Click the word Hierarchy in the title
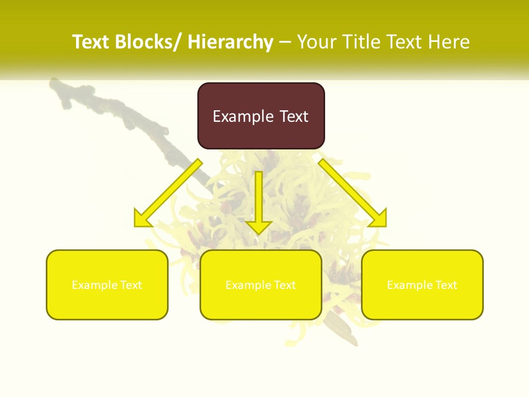coord(230,42)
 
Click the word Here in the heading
coord(449,42)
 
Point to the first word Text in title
coord(91,42)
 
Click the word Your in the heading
coord(317,42)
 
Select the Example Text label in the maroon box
coord(261,116)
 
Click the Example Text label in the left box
coord(107,285)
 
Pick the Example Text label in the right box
coord(422,285)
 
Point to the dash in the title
coord(285,42)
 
